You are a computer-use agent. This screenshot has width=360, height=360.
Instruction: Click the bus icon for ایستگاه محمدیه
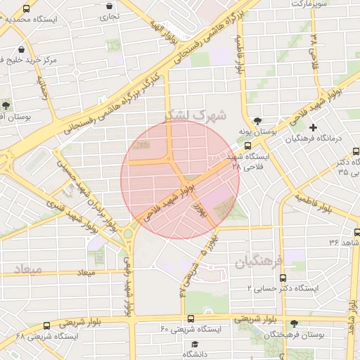click(27, 9)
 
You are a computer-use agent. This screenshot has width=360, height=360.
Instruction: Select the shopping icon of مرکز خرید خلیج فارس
click(22, 50)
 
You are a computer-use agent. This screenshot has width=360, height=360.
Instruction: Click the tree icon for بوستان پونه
click(258, 120)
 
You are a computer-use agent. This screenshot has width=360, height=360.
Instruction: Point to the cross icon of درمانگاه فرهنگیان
click(314, 127)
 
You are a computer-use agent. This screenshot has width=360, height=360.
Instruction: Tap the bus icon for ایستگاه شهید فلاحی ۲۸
click(247, 146)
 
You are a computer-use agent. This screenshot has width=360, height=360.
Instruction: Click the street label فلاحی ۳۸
click(314, 50)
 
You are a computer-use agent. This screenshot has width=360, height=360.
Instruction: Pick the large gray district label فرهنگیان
click(258, 262)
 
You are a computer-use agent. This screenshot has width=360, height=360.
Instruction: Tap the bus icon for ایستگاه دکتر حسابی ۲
click(283, 278)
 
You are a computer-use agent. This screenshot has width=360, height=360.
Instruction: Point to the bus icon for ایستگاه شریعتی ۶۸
click(47, 326)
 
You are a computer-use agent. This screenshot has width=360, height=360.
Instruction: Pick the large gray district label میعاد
click(27, 269)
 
